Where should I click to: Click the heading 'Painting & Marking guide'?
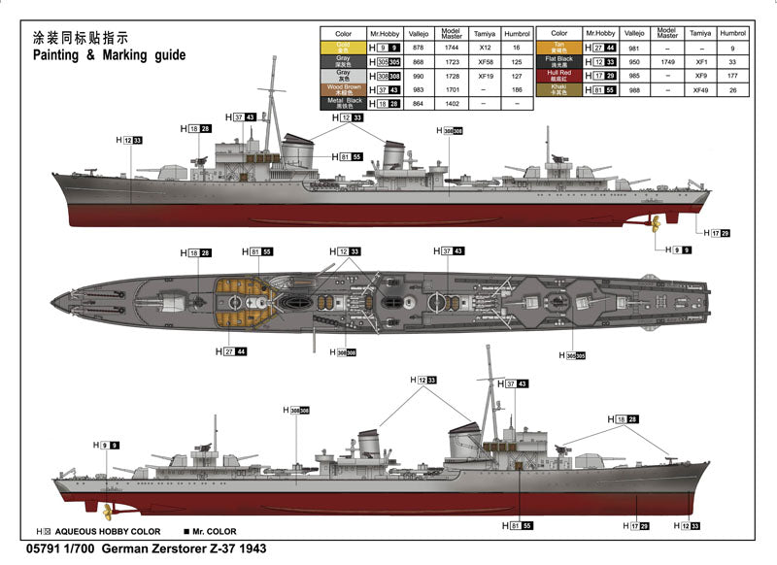(109, 55)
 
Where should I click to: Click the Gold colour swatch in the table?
(343, 47)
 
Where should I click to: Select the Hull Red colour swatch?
(559, 74)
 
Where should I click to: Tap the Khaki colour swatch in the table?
(559, 88)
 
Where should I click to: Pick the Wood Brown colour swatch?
(343, 88)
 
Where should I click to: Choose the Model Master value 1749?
(667, 60)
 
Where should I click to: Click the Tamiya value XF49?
(699, 88)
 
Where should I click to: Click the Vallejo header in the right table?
(634, 32)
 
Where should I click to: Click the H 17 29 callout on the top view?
(715, 233)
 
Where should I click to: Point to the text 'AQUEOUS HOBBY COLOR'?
(108, 532)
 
